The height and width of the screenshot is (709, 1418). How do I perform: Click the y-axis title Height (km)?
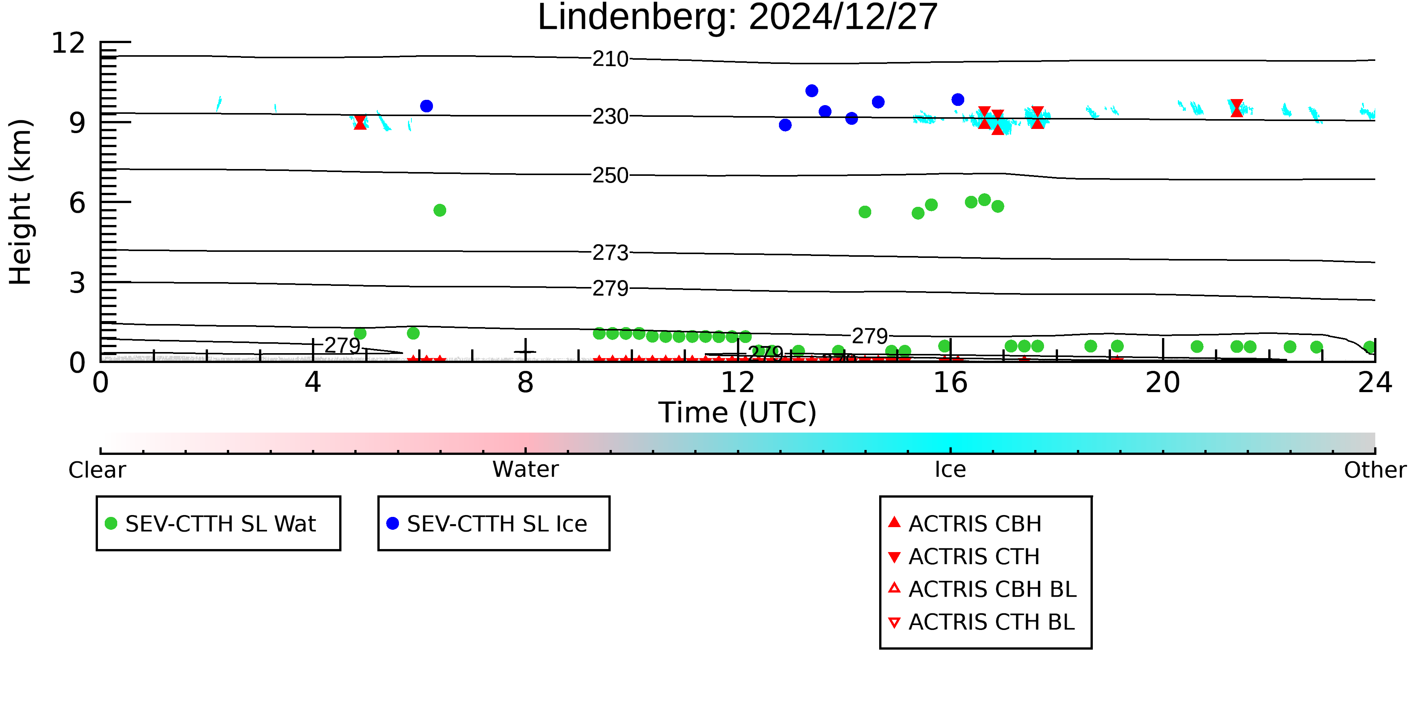coord(21,202)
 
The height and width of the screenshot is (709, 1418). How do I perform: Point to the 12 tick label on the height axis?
coord(68,43)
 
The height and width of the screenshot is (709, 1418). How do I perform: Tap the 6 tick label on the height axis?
coord(77,203)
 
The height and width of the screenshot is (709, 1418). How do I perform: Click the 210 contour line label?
coord(610,59)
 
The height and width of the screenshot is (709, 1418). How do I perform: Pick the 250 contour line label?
coord(610,175)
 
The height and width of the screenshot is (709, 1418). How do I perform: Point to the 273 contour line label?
coord(610,253)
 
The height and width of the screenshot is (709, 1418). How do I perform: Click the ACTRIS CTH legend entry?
coord(974,557)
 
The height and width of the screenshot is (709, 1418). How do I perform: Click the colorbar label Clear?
coord(97,470)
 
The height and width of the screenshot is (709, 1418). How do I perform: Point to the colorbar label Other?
coord(1375,470)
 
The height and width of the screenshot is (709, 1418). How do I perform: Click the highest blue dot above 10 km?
coord(811,91)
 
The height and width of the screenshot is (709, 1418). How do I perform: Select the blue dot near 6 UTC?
coord(426,106)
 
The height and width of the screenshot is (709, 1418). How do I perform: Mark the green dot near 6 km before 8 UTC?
coord(439,210)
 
